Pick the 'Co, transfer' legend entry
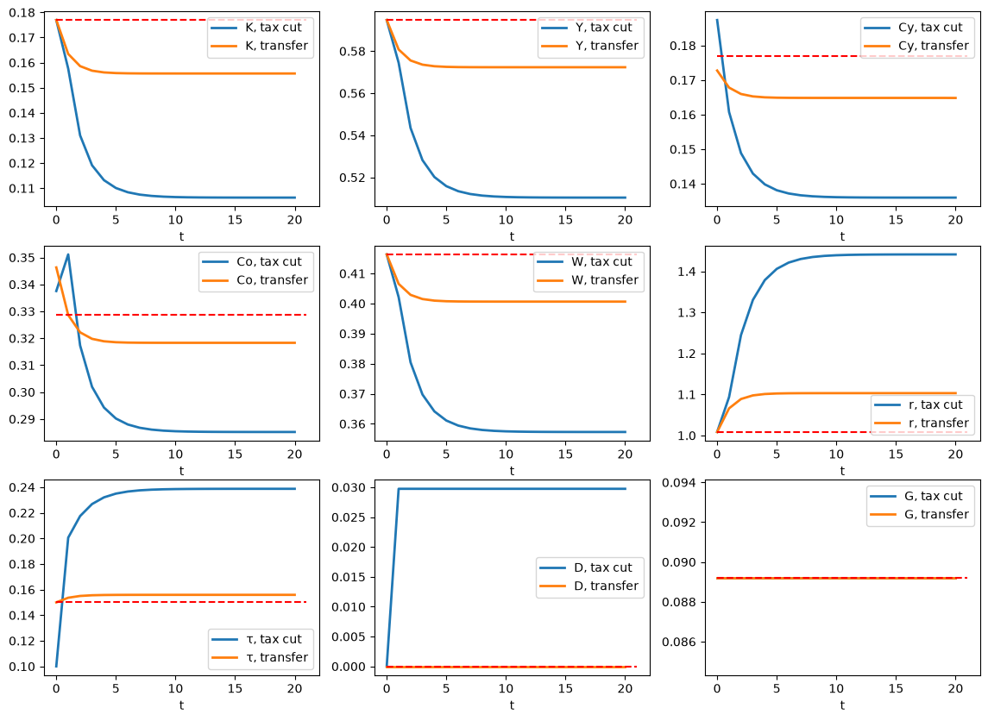(255, 280)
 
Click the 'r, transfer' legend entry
(922, 423)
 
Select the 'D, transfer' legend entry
(589, 586)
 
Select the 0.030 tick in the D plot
(349, 487)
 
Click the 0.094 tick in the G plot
(678, 483)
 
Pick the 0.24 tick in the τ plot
(22, 487)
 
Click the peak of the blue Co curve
(68, 254)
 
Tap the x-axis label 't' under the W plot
(512, 471)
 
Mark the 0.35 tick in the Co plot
(22, 258)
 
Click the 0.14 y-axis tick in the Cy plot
(683, 184)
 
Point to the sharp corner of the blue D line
(399, 489)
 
